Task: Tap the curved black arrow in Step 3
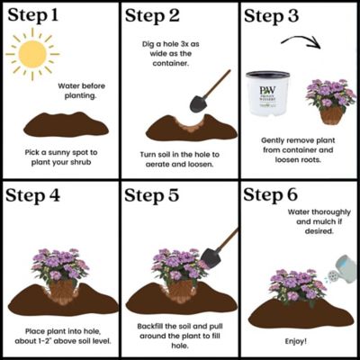click(x=302, y=42)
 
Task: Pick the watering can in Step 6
click(x=339, y=269)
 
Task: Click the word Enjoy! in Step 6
click(x=299, y=341)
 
